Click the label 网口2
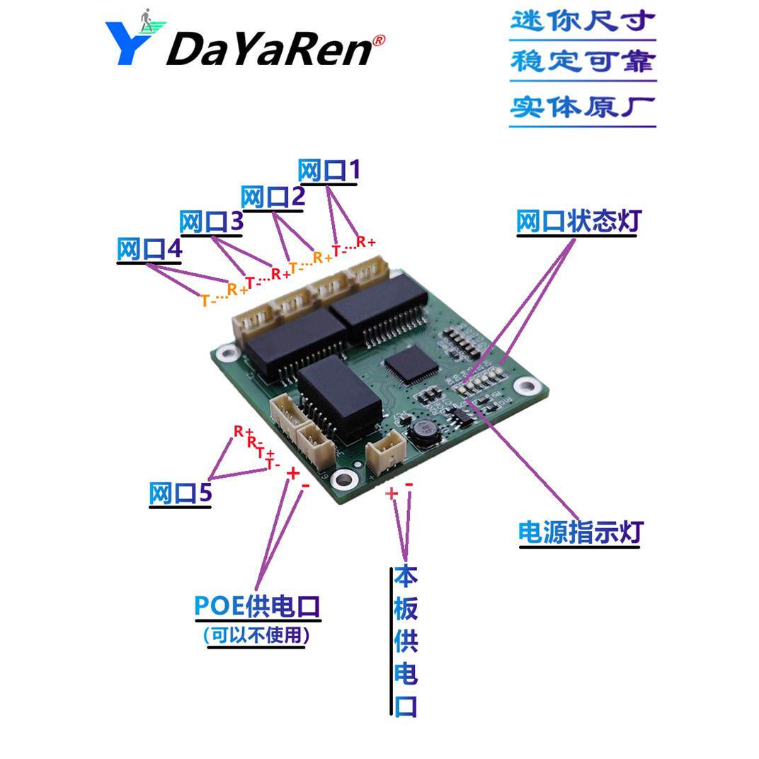[x=273, y=197]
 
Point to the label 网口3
[x=211, y=222]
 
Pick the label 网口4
[x=149, y=249]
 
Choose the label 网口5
[x=180, y=493]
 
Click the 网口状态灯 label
[x=578, y=222]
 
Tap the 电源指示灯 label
[x=580, y=532]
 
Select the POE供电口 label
[x=258, y=607]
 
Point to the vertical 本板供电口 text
[x=406, y=641]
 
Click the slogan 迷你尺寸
[x=582, y=21]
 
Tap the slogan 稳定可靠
[x=582, y=62]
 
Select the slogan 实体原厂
[x=582, y=107]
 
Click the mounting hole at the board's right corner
[x=525, y=386]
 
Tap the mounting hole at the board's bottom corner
[x=344, y=480]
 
